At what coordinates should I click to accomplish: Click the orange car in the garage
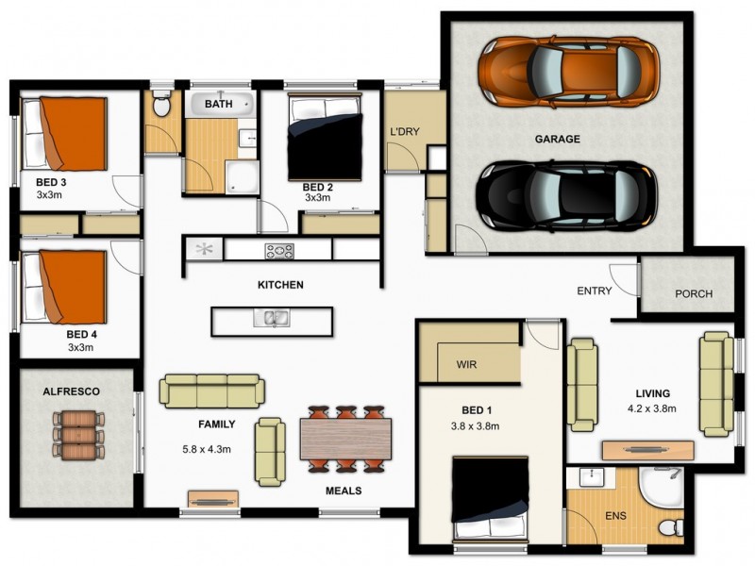(566, 70)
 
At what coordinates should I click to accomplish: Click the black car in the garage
(566, 196)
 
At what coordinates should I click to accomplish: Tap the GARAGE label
(557, 139)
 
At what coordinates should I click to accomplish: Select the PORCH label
(694, 293)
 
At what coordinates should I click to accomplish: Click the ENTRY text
(596, 291)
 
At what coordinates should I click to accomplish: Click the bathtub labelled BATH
(220, 103)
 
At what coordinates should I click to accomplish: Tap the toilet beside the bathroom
(161, 107)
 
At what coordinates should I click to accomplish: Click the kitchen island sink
(272, 319)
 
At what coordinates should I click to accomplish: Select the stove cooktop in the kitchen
(279, 251)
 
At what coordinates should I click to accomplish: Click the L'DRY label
(404, 131)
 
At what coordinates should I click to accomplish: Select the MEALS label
(344, 491)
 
